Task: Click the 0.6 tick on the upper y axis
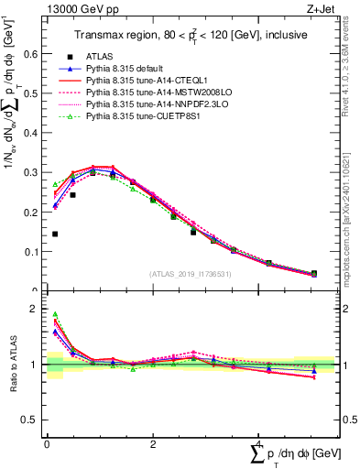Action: click(34, 54)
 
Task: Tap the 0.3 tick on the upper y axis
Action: click(34, 172)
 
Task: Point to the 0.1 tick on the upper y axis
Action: click(34, 251)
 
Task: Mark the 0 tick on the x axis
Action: click(47, 443)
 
